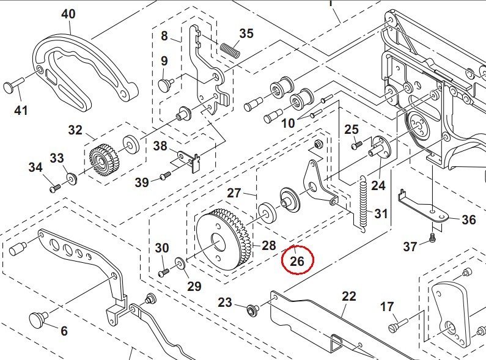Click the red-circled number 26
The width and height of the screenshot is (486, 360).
pos(297,261)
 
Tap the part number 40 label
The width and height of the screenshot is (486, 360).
pos(68,13)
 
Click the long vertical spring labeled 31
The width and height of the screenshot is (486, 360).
pos(363,202)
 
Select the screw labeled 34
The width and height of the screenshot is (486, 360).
pos(56,188)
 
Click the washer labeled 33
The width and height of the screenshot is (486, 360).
pos(72,178)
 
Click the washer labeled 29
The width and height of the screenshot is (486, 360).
pos(180,263)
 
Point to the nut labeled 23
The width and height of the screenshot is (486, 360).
pos(250,309)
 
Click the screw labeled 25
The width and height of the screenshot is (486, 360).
pos(355,145)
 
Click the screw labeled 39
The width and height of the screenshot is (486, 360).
pos(164,177)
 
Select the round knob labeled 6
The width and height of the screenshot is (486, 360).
pos(40,318)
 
